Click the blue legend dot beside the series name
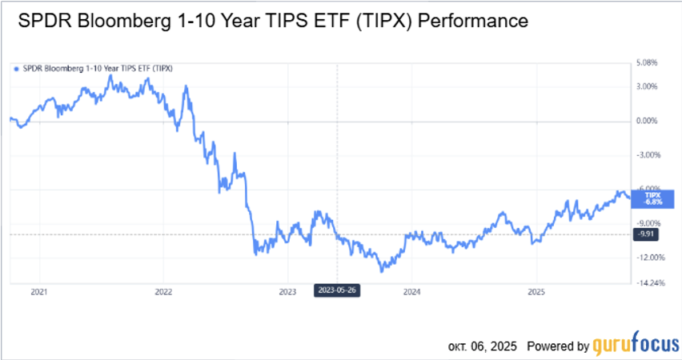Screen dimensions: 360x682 16,68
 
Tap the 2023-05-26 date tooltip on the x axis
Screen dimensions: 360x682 338,290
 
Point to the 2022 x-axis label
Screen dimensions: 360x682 163,292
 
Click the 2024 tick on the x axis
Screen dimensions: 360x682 411,292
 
